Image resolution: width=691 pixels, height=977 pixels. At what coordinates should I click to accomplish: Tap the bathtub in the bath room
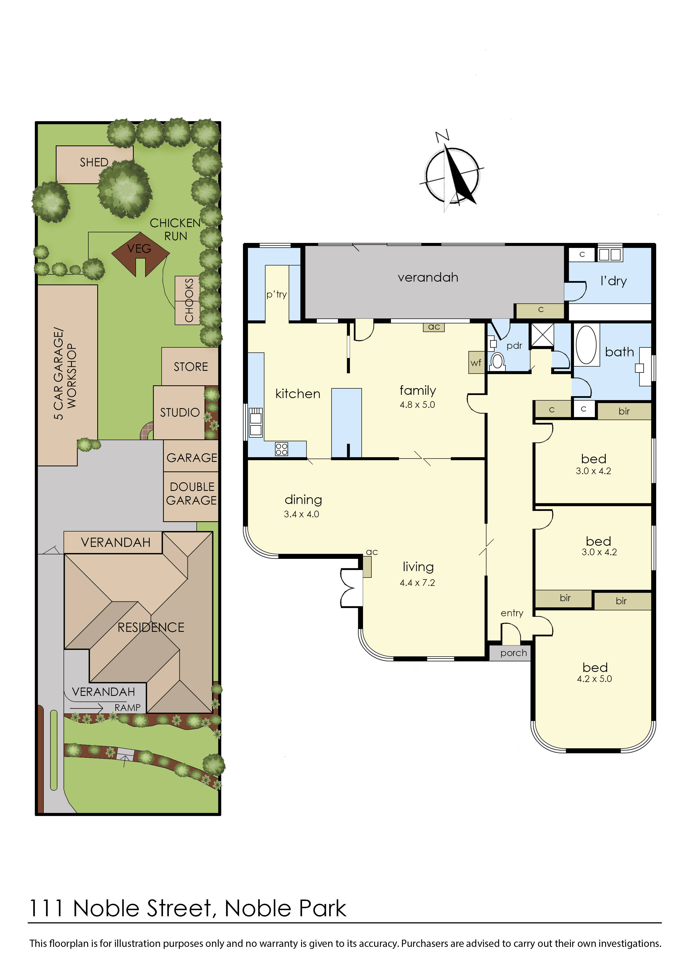coord(586,345)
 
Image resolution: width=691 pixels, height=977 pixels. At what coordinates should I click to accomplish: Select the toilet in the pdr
coord(497,362)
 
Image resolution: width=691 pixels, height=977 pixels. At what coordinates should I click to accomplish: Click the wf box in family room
coord(476,362)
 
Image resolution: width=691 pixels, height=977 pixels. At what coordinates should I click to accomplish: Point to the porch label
coord(513,653)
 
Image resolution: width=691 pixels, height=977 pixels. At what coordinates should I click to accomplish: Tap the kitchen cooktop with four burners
coord(281,449)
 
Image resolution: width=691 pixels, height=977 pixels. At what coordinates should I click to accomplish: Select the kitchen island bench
coord(346,421)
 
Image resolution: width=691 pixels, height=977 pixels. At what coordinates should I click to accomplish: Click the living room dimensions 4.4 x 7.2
coord(417,583)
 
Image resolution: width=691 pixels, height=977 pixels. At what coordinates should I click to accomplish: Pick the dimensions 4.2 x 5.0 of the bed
coord(594,679)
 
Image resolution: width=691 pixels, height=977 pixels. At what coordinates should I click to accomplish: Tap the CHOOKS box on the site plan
coord(188,300)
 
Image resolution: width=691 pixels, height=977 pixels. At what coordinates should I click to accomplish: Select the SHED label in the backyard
coord(94,162)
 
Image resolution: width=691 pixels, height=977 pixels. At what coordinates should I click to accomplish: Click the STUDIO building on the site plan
coord(179,412)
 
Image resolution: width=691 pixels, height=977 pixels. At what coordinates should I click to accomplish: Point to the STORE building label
coord(191,367)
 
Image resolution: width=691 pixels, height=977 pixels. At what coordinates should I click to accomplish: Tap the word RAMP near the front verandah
coord(127,707)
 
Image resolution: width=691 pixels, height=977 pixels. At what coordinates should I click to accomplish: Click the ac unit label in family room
coord(434,327)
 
